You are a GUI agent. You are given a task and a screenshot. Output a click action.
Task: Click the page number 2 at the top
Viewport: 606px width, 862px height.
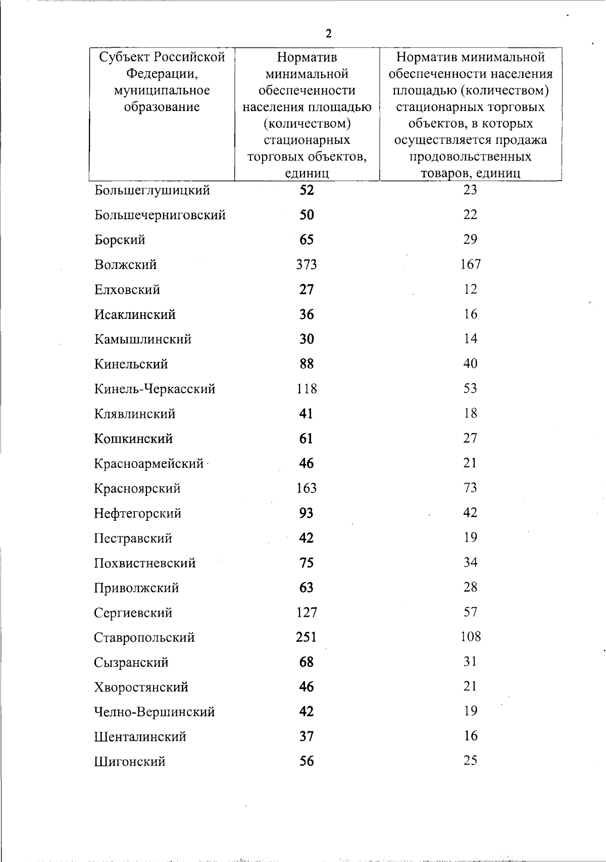pyautogui.click(x=329, y=34)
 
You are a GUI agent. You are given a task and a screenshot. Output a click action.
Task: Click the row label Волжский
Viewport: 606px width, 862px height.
pyautogui.click(x=125, y=265)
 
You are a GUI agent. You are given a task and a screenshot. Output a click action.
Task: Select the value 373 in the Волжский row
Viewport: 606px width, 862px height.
pyautogui.click(x=307, y=264)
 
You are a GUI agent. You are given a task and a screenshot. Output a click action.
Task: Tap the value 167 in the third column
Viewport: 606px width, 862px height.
pyautogui.click(x=470, y=264)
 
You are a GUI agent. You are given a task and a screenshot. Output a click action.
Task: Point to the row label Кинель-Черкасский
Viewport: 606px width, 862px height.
pyautogui.click(x=155, y=389)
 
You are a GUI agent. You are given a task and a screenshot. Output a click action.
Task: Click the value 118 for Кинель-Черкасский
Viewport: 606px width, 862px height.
pyautogui.click(x=307, y=389)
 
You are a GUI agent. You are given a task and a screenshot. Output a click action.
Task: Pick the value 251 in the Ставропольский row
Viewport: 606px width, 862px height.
pyautogui.click(x=307, y=637)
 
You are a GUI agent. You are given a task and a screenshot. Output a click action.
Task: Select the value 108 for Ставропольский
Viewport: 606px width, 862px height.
pyautogui.click(x=470, y=636)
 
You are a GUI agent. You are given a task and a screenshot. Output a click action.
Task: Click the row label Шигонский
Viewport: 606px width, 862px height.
pyautogui.click(x=129, y=762)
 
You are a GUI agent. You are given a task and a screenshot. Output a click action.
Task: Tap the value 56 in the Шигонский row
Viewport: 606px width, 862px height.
pyautogui.click(x=307, y=761)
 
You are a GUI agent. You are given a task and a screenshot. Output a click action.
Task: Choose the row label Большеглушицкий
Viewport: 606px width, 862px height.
pyautogui.click(x=152, y=191)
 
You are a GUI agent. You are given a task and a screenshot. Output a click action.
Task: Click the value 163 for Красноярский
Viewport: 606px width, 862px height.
pyautogui.click(x=307, y=488)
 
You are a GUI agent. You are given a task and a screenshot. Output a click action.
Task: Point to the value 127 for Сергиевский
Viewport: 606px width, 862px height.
pyautogui.click(x=307, y=612)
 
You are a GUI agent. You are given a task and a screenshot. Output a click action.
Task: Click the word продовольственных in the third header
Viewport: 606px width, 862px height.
pyautogui.click(x=470, y=156)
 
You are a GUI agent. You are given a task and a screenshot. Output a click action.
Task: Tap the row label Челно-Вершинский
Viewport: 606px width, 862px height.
pyautogui.click(x=154, y=712)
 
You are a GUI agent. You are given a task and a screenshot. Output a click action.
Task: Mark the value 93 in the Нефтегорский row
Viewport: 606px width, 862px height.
pyautogui.click(x=307, y=513)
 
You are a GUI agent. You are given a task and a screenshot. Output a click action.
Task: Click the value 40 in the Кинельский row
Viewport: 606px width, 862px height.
pyautogui.click(x=470, y=363)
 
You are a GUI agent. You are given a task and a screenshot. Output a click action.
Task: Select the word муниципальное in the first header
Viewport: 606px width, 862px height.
pyautogui.click(x=162, y=90)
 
